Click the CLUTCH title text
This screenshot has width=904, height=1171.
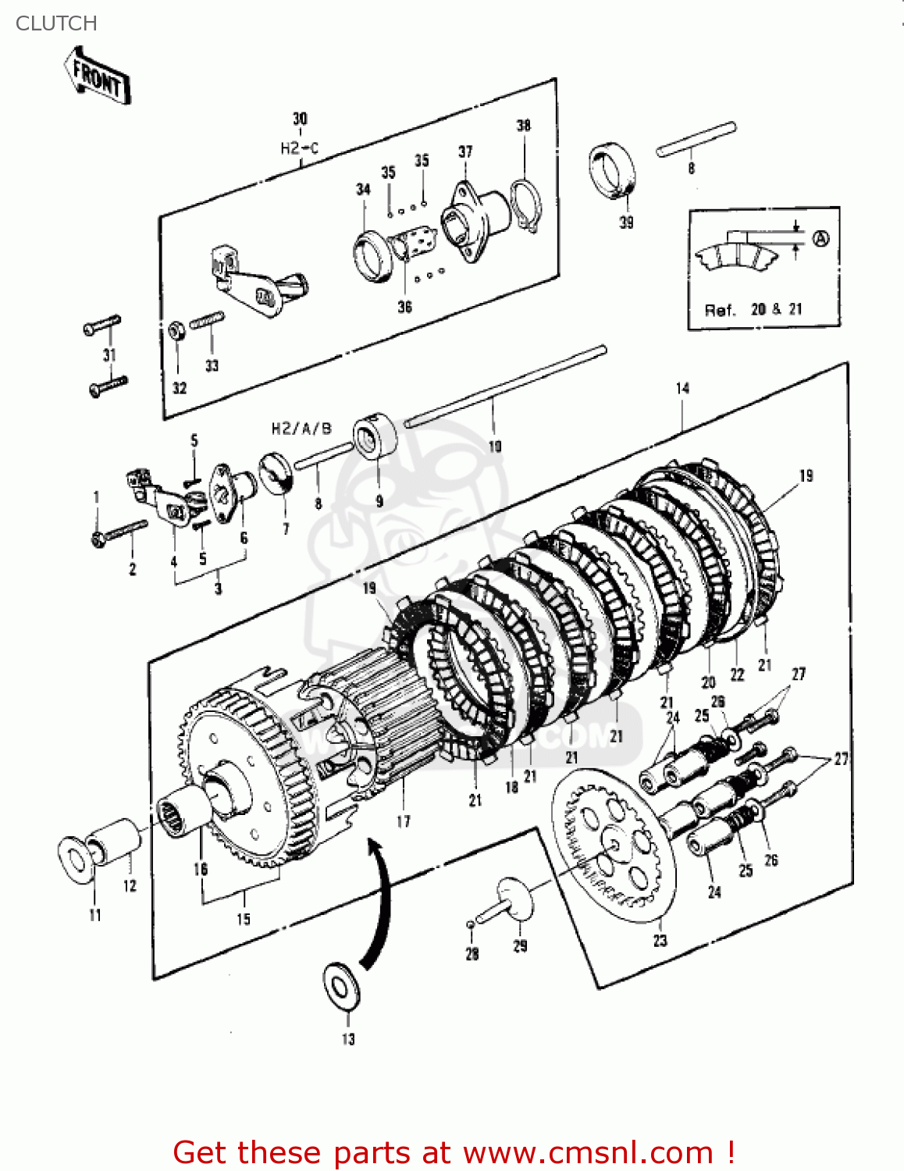56,23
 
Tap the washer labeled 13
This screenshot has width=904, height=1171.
340,987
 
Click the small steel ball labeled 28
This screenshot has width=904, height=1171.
471,924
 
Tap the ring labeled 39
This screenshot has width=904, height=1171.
612,171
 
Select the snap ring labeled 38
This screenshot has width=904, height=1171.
525,205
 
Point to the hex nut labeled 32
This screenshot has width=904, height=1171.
176,331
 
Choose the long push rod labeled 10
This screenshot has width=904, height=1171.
505,386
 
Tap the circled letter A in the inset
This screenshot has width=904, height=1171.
820,239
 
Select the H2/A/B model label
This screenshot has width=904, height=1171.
301,429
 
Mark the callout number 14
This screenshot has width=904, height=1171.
682,388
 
